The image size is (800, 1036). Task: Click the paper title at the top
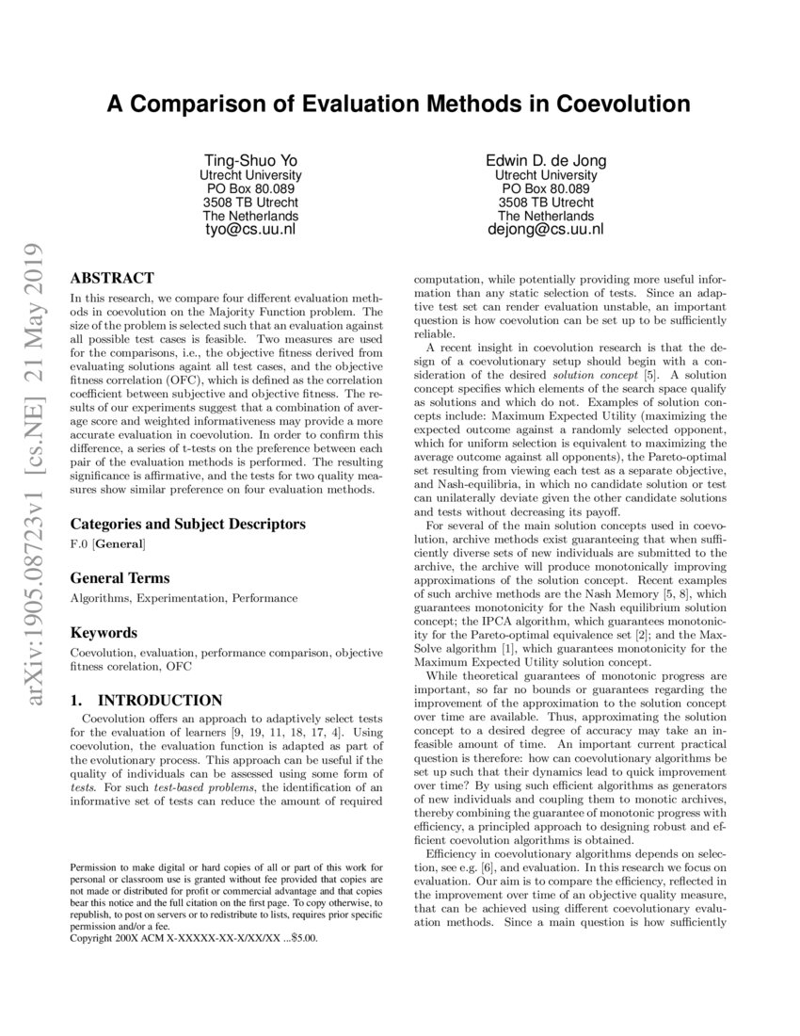[x=399, y=103]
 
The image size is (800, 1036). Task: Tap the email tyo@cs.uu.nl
[x=250, y=229]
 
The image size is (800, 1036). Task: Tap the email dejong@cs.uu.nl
[x=546, y=229]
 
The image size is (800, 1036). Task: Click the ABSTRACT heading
[x=112, y=278]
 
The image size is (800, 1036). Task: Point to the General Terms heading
[x=120, y=578]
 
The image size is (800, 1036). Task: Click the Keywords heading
[x=104, y=633]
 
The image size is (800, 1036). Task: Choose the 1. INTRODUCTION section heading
[x=146, y=701]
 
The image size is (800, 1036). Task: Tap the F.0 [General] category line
[x=108, y=544]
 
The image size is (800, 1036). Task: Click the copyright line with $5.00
[x=195, y=938]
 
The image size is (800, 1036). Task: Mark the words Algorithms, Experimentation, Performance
[x=184, y=598]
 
